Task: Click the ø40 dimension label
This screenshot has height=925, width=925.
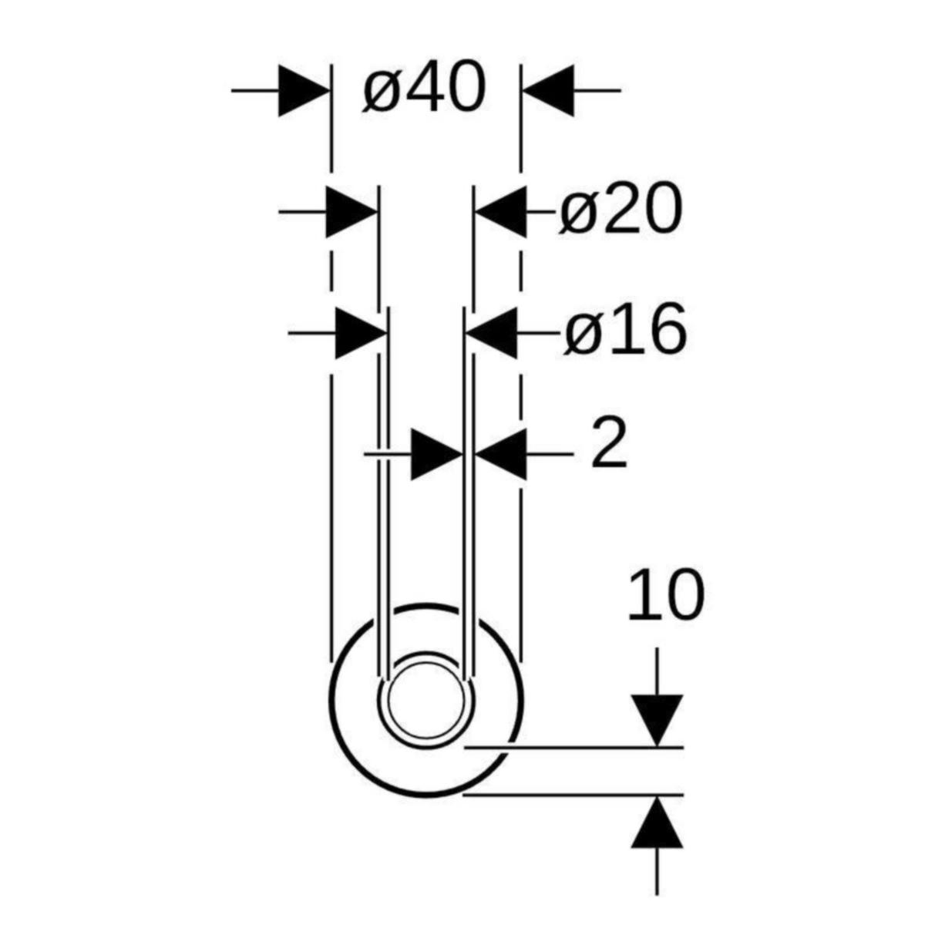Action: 424,87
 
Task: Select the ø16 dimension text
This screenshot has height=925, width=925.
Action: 625,329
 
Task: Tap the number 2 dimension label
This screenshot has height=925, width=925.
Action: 609,442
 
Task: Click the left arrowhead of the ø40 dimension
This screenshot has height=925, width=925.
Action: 304,90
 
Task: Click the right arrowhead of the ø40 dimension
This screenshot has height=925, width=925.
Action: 547,90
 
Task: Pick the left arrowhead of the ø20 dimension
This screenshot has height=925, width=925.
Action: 351,211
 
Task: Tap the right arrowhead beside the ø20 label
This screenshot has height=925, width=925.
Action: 499,211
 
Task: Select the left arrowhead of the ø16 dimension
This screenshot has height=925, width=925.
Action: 361,332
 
